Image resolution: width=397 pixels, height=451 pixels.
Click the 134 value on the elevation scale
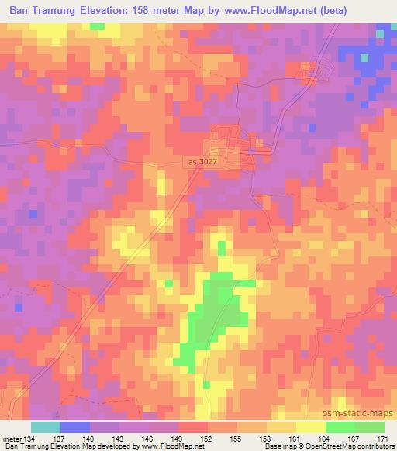pyautogui.click(x=29, y=439)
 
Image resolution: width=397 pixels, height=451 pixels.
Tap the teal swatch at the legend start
pyautogui.click(x=46, y=427)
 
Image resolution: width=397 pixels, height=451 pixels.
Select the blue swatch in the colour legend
pyautogui.click(x=75, y=427)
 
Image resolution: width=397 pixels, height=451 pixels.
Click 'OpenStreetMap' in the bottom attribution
pyautogui.click(x=347, y=446)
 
